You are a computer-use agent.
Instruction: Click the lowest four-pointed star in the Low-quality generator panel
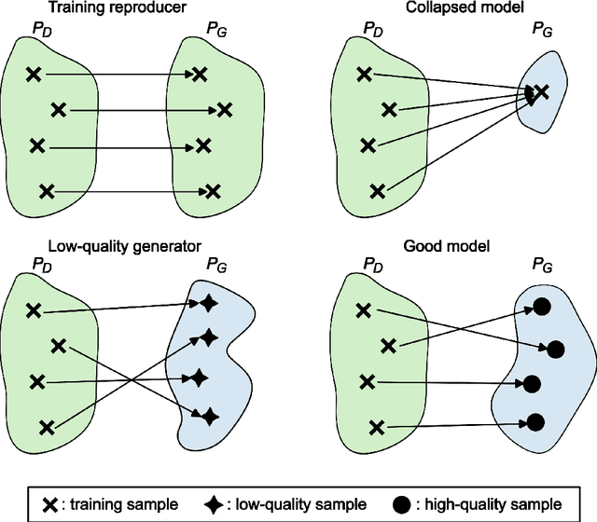(210, 416)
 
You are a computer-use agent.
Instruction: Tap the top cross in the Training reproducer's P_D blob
(33, 74)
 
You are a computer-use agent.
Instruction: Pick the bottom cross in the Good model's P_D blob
(376, 427)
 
